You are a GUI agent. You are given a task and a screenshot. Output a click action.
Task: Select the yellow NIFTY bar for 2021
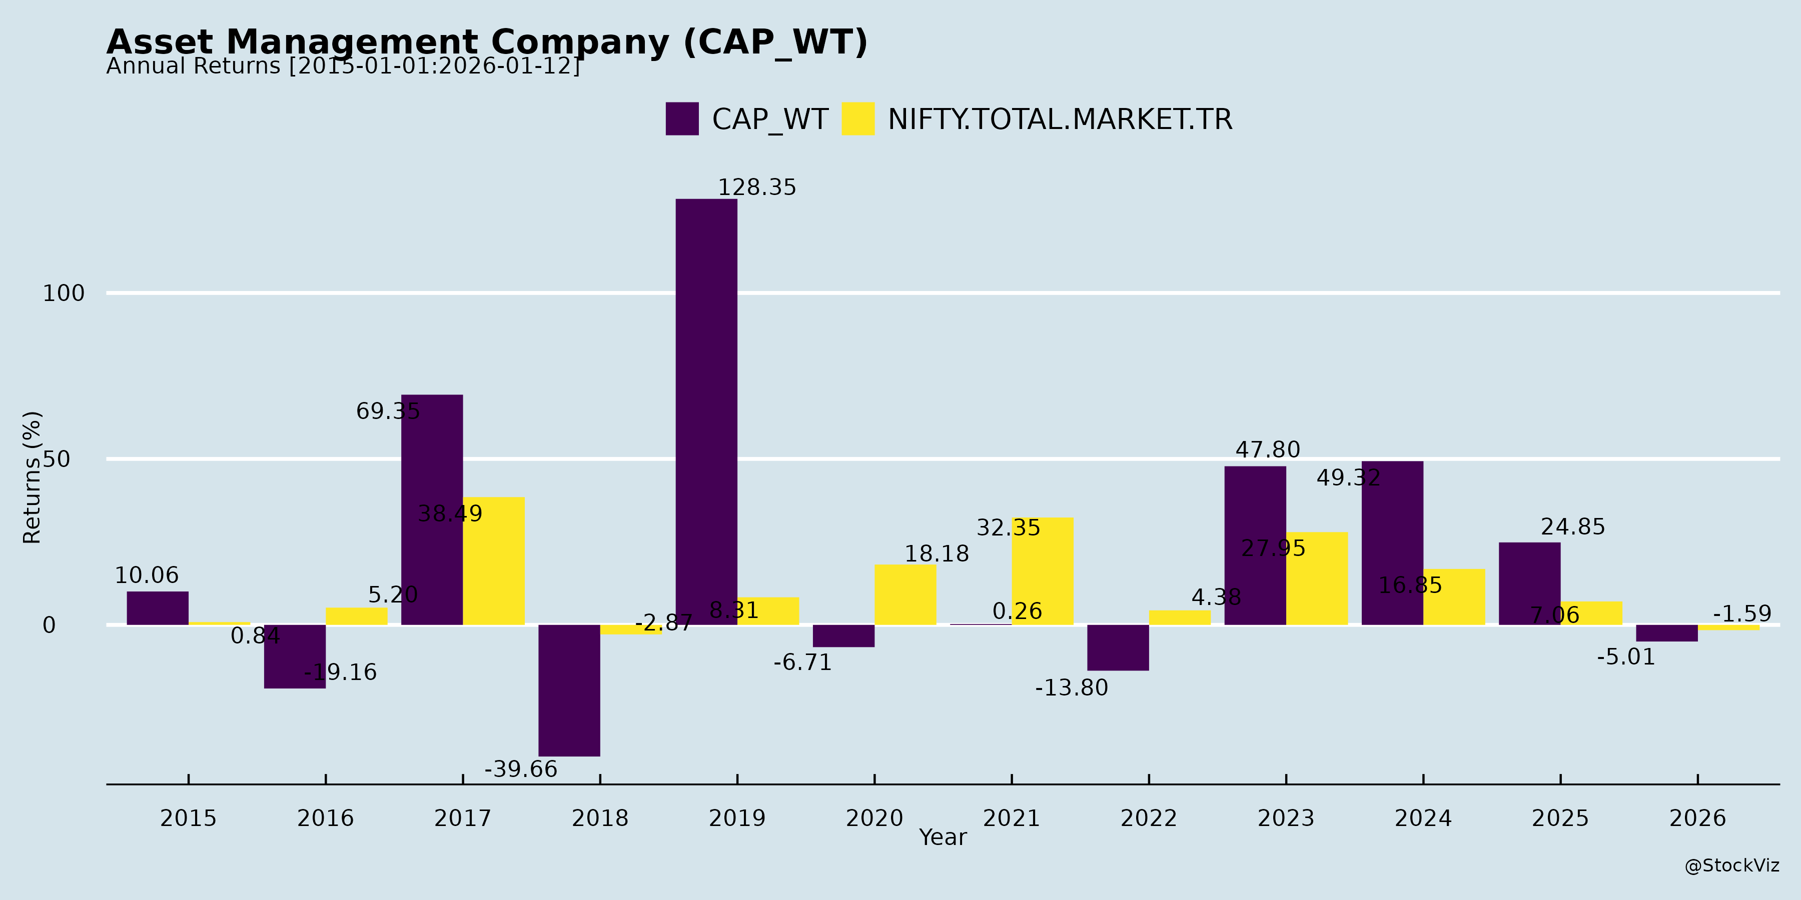pyautogui.click(x=1043, y=571)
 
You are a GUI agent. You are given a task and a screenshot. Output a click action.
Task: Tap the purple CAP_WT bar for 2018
pyautogui.click(x=569, y=690)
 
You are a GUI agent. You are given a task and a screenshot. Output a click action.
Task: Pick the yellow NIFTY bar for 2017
pyautogui.click(x=494, y=561)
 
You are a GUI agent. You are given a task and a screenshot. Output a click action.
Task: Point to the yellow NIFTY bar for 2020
pyautogui.click(x=906, y=594)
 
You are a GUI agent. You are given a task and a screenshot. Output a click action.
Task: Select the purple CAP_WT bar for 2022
pyautogui.click(x=1118, y=647)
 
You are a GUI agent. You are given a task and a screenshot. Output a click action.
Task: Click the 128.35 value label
pyautogui.click(x=757, y=187)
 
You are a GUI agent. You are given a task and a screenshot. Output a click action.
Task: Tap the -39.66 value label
pyautogui.click(x=521, y=769)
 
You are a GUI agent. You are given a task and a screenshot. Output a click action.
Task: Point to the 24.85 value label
pyautogui.click(x=1573, y=527)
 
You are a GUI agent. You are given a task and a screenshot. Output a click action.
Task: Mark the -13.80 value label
pyautogui.click(x=1072, y=687)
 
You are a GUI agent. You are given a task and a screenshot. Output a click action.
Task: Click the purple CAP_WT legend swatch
pyautogui.click(x=682, y=119)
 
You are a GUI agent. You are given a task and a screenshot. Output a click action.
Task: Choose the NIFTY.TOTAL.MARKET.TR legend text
pyautogui.click(x=1060, y=119)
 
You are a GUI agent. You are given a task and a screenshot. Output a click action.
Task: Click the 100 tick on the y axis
pyautogui.click(x=64, y=293)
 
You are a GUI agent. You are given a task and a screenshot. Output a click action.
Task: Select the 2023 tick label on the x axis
pyautogui.click(x=1286, y=817)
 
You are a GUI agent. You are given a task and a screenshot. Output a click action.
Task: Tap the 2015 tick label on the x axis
pyautogui.click(x=188, y=817)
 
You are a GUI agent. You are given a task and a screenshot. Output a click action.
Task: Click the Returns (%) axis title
pyautogui.click(x=32, y=477)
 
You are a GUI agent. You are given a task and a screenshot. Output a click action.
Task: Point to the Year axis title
pyautogui.click(x=943, y=837)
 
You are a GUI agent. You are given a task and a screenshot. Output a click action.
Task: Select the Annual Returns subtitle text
pyautogui.click(x=343, y=66)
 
